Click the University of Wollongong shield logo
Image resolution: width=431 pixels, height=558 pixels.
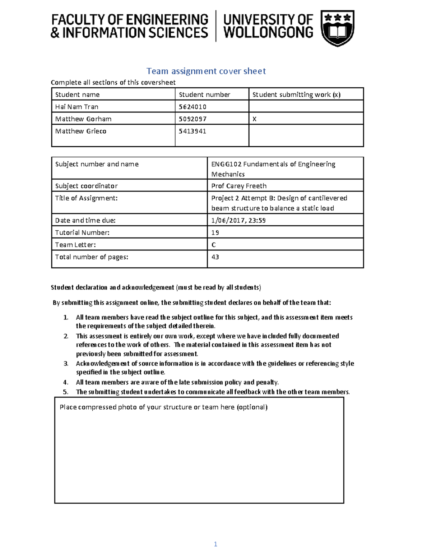pos(337,28)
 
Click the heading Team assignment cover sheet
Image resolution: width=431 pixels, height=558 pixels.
pos(206,71)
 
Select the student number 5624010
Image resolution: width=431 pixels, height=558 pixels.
pos(193,107)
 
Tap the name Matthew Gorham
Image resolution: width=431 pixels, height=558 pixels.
pos(83,119)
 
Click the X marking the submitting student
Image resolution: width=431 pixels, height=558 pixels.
pos(254,119)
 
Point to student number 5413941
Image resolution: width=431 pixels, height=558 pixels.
pos(193,131)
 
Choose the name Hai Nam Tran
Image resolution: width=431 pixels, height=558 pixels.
pos(77,107)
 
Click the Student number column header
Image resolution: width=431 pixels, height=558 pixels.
pos(204,94)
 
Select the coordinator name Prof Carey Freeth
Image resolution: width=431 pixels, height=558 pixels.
pos(239,186)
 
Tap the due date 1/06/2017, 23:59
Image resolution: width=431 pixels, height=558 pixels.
pos(238,220)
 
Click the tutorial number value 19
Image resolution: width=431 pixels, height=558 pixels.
pos(215,232)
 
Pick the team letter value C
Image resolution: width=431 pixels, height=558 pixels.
pos(214,245)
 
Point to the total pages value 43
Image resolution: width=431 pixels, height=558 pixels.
pos(215,257)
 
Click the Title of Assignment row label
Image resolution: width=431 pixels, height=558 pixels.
pos(86,198)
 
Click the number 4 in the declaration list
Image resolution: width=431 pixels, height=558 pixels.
pos(66,382)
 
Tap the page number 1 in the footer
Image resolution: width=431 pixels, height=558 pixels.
pos(215,544)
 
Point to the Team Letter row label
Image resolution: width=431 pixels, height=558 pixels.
pos(75,245)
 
